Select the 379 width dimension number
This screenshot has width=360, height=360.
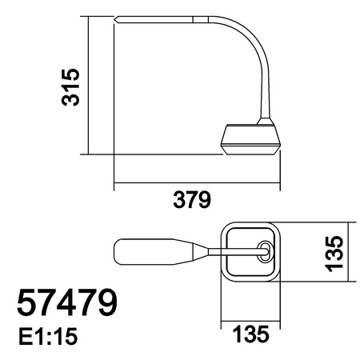coord(191,199)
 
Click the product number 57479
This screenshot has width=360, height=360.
coord(67,304)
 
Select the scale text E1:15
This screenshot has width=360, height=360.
coord(46,338)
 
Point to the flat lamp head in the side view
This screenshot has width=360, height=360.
coord(160,18)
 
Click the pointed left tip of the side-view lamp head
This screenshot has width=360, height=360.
coord(116,18)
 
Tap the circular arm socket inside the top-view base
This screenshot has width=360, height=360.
coord(263,250)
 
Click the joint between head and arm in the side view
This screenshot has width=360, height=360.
coord(210,18)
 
